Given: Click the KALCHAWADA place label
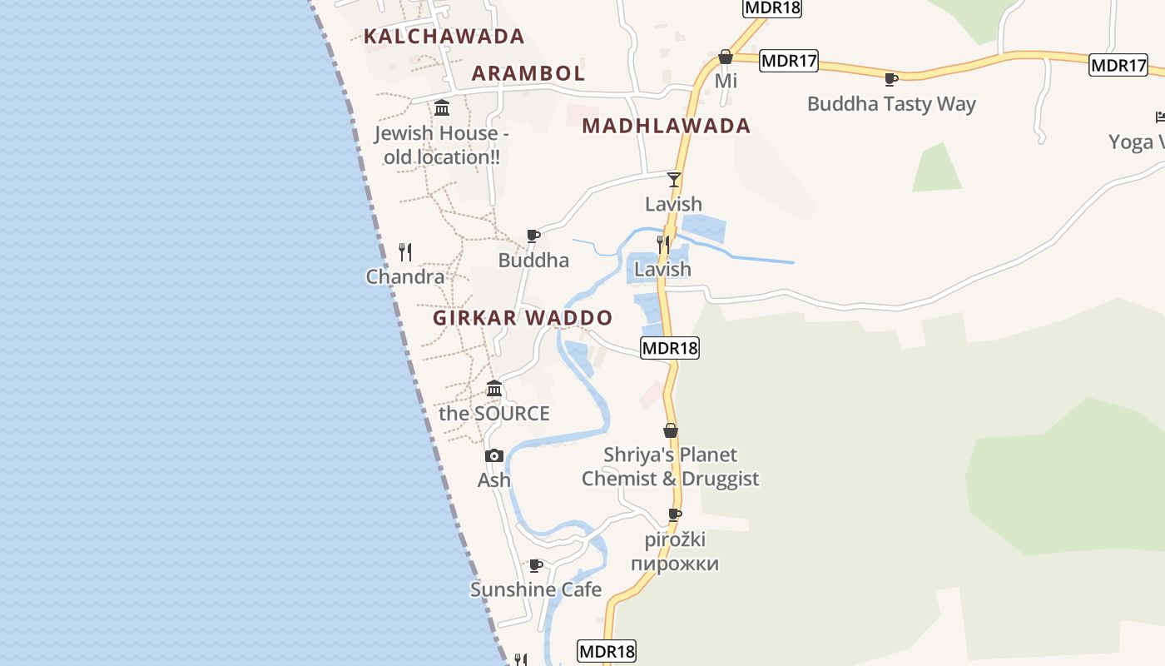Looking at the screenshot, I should [444, 37].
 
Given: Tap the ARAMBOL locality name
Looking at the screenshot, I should [528, 73].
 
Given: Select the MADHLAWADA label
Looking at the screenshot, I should [667, 126].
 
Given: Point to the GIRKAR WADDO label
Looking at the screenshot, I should [523, 318].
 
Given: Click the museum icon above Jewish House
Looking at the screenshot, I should [442, 107].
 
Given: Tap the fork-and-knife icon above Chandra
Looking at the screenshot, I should [405, 251].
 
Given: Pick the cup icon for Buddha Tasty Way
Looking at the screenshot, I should [890, 79].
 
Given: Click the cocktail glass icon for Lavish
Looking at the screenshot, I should [674, 179].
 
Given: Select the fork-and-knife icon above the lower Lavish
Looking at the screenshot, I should [663, 244].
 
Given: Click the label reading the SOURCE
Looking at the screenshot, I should [494, 414].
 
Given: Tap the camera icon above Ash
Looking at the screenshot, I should [494, 455].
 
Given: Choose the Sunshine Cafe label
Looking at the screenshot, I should [536, 589].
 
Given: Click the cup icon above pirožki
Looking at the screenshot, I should [675, 514].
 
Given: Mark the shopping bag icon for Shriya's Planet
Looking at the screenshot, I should [670, 430].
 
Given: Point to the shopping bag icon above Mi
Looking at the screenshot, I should [726, 57].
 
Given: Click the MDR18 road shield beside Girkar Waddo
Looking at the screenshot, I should [670, 348].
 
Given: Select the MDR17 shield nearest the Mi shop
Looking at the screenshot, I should [789, 61].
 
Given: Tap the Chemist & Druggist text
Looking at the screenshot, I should [670, 479].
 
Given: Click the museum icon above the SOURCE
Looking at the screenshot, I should [494, 388].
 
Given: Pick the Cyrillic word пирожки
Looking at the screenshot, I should [674, 564].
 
